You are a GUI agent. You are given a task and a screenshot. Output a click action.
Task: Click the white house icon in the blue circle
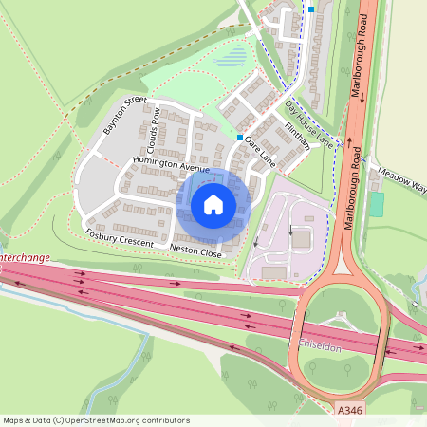tap(213, 204)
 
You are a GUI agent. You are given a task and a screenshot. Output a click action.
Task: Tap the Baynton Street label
tap(126, 115)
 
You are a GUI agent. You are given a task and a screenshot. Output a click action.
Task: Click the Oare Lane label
tap(259, 152)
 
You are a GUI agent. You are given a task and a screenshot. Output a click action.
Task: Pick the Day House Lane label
tap(309, 123)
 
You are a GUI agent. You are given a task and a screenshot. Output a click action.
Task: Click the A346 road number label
tap(349, 410)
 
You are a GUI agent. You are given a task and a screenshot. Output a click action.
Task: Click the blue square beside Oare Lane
tap(240, 138)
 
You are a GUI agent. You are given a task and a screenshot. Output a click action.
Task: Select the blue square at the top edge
tap(310, 9)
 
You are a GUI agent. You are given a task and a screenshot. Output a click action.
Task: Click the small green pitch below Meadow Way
tap(377, 204)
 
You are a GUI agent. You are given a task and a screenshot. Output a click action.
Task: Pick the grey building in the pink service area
tap(300, 239)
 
